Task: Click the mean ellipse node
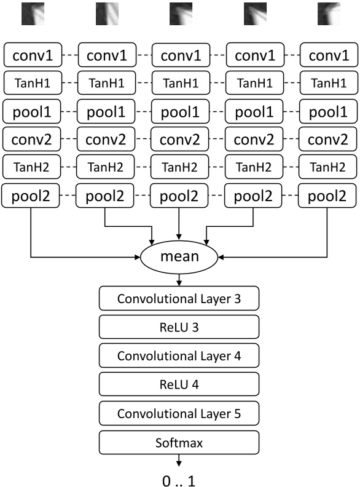tap(179, 255)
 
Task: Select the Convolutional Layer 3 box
tap(179, 299)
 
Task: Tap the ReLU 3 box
tap(179, 328)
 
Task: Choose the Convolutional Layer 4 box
tap(179, 356)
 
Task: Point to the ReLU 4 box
tap(179, 385)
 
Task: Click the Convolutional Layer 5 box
tap(179, 413)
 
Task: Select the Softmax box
tap(179, 441)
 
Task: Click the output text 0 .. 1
tap(179, 476)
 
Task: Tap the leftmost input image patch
tap(33, 14)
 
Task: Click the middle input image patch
tap(181, 14)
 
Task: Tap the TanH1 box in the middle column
tap(179, 84)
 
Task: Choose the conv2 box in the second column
tap(106, 140)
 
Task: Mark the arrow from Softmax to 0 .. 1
tap(179, 459)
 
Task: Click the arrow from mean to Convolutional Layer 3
tap(179, 279)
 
